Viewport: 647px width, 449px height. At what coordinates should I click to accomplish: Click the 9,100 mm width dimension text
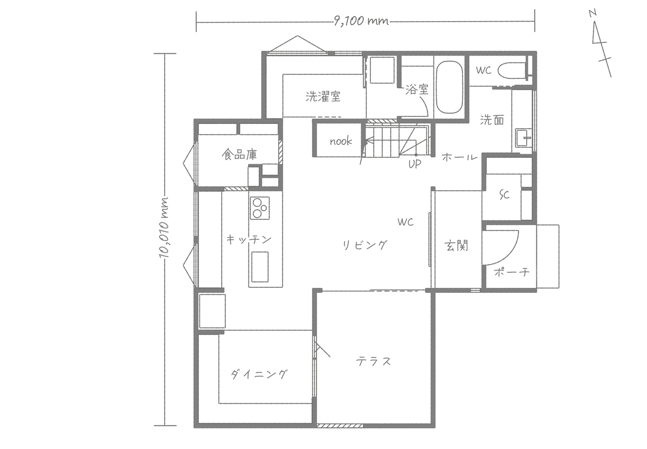(x=361, y=22)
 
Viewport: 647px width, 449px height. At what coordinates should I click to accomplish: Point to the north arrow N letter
(x=593, y=13)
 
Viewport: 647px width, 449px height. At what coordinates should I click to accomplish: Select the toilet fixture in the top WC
(x=511, y=70)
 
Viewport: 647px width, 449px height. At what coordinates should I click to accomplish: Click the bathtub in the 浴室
(x=450, y=87)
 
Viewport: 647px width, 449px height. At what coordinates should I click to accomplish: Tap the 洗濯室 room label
(x=323, y=96)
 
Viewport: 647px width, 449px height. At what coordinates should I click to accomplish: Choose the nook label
(x=341, y=141)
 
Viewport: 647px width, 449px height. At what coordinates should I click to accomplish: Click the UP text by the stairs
(x=415, y=164)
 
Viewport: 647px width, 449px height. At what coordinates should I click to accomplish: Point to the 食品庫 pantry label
(x=239, y=155)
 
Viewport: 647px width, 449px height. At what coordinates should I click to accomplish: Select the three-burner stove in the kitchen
(x=260, y=208)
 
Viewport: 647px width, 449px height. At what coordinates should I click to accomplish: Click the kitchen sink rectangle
(x=260, y=267)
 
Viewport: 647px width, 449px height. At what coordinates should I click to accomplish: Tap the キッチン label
(x=249, y=240)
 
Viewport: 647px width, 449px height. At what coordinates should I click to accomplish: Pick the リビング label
(x=364, y=245)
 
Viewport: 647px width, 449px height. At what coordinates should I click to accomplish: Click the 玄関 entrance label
(x=456, y=246)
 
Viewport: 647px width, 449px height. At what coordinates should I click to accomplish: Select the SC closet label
(x=505, y=195)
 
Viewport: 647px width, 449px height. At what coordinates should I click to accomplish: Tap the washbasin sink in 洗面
(x=524, y=137)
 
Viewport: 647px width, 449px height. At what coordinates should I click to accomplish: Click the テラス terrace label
(x=374, y=361)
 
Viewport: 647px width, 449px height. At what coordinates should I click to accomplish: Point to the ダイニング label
(x=259, y=374)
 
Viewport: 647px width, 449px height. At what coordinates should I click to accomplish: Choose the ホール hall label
(x=459, y=157)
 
